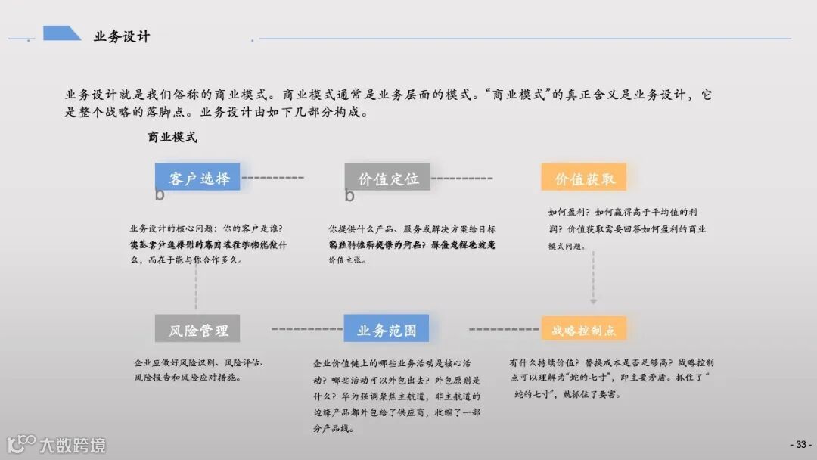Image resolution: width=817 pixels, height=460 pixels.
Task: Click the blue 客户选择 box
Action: [x=197, y=178]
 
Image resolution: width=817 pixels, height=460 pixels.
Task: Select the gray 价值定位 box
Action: [x=387, y=178]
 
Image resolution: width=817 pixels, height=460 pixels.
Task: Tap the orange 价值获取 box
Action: [x=583, y=178]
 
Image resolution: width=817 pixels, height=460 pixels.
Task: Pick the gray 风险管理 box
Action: [x=197, y=330]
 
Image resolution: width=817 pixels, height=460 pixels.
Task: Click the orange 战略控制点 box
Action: [x=583, y=330]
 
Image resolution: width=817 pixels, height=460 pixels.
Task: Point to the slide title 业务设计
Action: [x=121, y=36]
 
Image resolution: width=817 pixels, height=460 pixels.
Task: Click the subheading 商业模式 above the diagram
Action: [x=172, y=138]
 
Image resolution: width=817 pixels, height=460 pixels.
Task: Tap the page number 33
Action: [x=799, y=443]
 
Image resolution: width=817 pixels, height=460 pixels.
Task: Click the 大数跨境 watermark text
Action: [x=73, y=445]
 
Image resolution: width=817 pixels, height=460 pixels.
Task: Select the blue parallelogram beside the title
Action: [x=62, y=33]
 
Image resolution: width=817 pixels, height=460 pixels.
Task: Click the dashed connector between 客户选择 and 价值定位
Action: [x=272, y=178]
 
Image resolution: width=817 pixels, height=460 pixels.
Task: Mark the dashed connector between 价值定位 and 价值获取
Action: [x=462, y=179]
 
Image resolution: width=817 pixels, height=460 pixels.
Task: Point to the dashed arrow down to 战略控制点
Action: [x=592, y=276]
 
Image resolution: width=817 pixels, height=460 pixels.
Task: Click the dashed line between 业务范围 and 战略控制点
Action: [x=503, y=329]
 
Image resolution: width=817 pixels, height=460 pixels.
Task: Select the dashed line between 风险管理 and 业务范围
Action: [x=306, y=329]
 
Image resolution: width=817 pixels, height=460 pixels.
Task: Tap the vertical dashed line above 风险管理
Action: [x=196, y=287]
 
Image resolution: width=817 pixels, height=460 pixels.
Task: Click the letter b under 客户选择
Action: [x=160, y=195]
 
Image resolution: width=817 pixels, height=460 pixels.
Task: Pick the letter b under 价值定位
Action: [x=349, y=196]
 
